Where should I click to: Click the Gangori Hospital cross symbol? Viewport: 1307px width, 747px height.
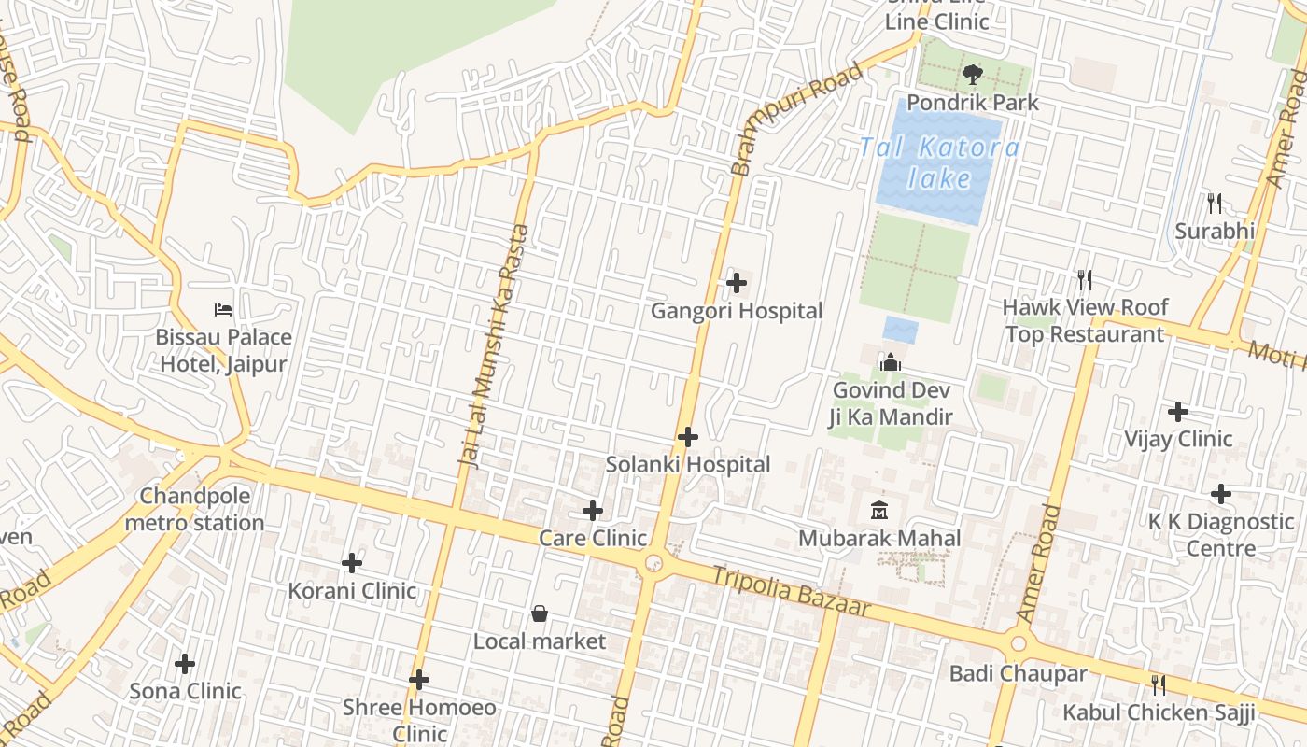coord(737,282)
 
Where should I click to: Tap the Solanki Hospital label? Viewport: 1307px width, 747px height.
coord(688,464)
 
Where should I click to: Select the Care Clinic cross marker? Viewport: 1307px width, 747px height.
coord(593,511)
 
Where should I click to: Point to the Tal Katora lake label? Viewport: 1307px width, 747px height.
coord(939,162)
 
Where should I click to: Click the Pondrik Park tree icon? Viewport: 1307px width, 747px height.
coord(973,74)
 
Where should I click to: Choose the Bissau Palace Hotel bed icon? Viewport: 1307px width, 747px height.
coord(223,309)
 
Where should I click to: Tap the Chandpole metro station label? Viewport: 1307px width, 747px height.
coord(194,509)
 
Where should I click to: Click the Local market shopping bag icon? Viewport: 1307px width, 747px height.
coord(540,613)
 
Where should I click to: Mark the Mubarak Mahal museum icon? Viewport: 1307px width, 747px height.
coord(879,510)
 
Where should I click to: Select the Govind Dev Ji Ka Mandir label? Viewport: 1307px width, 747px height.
coord(892,402)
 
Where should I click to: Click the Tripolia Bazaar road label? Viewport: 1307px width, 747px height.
coord(792,591)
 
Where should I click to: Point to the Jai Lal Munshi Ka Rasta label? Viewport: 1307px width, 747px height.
coord(495,345)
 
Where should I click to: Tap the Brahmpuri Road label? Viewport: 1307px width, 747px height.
coord(796,120)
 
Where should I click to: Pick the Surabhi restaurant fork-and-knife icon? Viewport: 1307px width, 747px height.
coord(1214,203)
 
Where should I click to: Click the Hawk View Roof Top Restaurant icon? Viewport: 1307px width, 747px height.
coord(1085,279)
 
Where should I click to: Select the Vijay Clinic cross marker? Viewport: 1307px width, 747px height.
coord(1178,411)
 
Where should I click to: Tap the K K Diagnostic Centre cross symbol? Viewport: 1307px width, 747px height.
coord(1221,493)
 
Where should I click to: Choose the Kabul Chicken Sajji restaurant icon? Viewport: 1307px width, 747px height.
coord(1159,685)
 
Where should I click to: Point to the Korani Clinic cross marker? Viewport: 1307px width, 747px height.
coord(352,562)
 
